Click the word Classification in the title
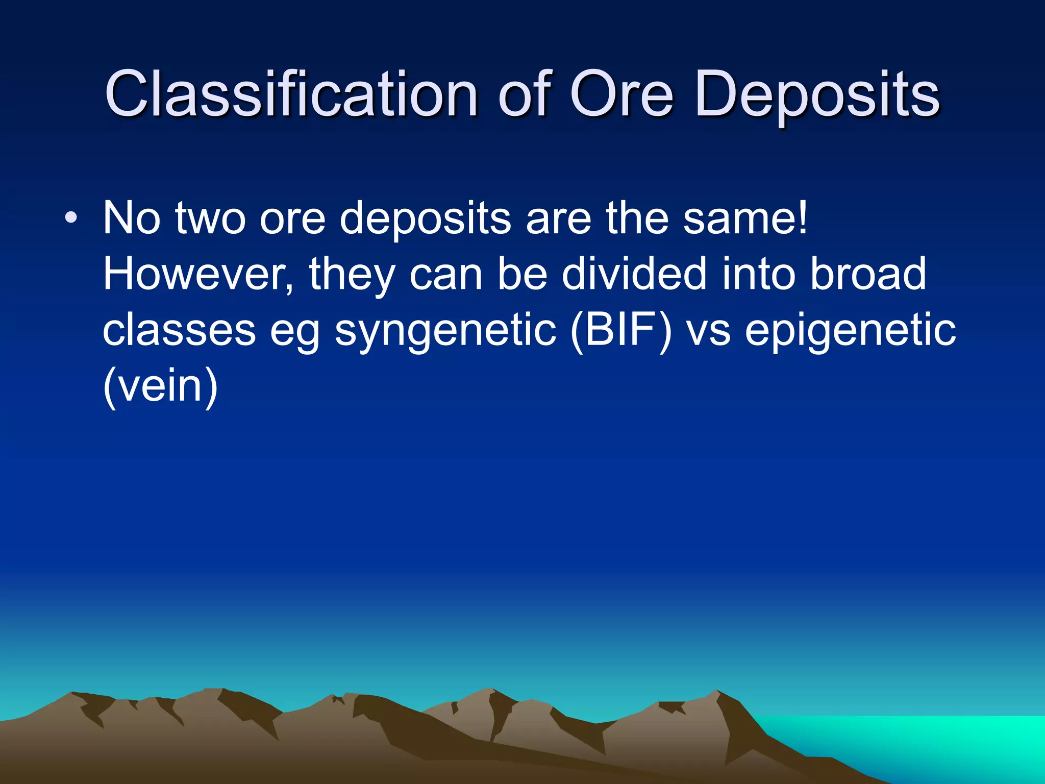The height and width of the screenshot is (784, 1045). pos(291,94)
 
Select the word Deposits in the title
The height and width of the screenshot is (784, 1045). pos(816,94)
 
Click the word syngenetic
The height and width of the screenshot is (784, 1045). pos(445,331)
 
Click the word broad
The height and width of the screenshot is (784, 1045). pos(867,274)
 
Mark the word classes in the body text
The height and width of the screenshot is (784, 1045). pos(179,331)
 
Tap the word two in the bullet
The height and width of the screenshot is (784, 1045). pos(210,218)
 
